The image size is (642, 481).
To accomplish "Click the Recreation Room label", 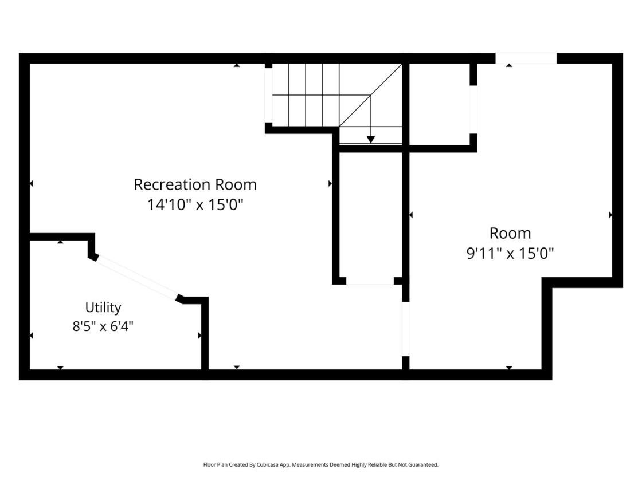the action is (195, 184).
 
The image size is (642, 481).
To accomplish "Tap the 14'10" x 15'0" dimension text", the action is (195, 204).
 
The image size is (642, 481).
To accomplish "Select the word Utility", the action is (103, 307).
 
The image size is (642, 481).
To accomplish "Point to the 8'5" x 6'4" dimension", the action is (103, 326).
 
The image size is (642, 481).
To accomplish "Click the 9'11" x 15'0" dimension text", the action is (510, 253).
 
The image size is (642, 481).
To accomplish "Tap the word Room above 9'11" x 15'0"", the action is (510, 233).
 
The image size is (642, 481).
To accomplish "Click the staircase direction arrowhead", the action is (370, 140).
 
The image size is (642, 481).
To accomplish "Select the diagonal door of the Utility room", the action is (137, 278).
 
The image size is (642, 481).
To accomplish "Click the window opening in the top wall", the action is (526, 58).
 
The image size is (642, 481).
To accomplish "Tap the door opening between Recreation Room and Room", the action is (405, 329).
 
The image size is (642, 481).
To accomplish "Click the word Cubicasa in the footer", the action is (268, 464).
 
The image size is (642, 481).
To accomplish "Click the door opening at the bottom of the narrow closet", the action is (370, 281).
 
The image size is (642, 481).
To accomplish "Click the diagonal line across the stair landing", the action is (370, 95).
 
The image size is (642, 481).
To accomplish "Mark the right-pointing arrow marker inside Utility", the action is (200, 336).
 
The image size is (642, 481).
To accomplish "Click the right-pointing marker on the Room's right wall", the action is (610, 215).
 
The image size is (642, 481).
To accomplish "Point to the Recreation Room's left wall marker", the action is (32, 184).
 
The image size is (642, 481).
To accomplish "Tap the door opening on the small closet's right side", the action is (473, 109).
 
